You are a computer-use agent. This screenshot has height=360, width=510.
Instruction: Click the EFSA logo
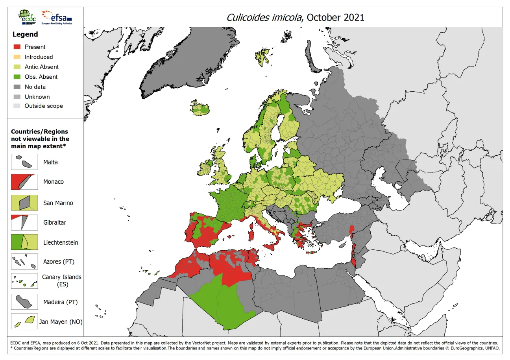(x=57, y=17)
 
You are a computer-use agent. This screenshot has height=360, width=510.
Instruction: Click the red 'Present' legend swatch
(x=17, y=47)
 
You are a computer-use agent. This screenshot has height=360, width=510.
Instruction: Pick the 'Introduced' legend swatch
(x=17, y=57)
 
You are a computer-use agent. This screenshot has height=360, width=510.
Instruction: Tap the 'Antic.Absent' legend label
(x=41, y=67)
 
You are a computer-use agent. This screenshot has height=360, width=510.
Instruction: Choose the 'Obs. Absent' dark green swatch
(x=17, y=77)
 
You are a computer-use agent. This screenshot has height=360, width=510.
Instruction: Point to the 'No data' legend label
(x=35, y=87)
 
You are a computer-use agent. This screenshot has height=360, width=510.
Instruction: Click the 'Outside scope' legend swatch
(x=17, y=106)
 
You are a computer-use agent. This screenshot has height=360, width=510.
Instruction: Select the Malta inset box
(x=24, y=162)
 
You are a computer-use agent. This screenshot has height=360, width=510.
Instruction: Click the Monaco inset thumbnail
(x=24, y=182)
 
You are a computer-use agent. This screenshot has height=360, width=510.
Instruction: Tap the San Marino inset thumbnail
(x=24, y=203)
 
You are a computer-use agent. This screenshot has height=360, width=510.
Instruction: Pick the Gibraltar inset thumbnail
(x=24, y=222)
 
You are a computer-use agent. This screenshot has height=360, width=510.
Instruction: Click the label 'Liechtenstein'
(x=61, y=243)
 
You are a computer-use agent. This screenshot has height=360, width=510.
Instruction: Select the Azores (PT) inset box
(x=24, y=262)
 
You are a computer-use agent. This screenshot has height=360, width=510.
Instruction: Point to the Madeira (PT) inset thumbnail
(x=24, y=302)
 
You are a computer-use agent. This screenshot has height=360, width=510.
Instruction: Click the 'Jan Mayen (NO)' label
(x=61, y=322)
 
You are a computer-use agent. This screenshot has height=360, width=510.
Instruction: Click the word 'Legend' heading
(x=25, y=34)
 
